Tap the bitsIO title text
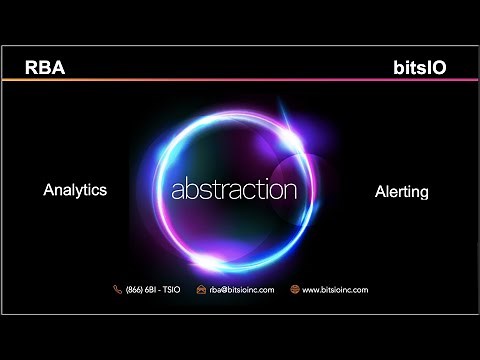420,68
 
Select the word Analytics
75,189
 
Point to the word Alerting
401,191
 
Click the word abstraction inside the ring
234,189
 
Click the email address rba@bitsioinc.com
239,289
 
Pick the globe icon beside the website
295,289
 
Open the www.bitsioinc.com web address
335,289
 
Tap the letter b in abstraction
188,188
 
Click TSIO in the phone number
168,289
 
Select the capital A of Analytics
49,189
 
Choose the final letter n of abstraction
291,190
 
